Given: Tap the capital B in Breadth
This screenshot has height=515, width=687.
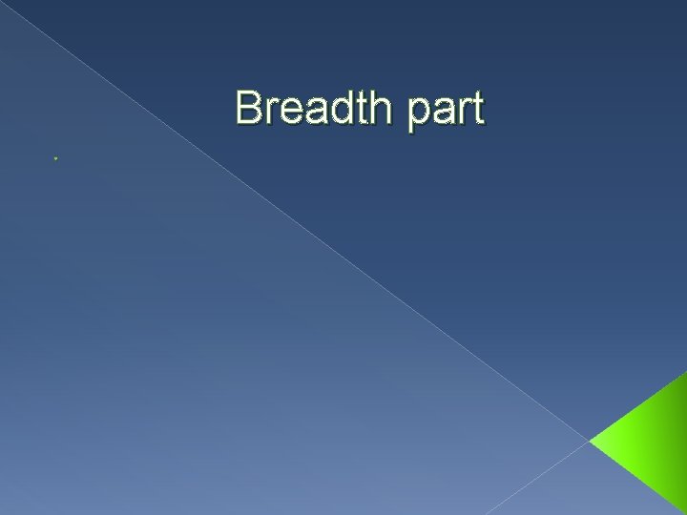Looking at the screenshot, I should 249,108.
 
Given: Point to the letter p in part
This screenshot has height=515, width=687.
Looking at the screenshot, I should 417,113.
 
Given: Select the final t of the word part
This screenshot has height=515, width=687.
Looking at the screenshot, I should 478,109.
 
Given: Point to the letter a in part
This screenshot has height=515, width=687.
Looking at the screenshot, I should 443,112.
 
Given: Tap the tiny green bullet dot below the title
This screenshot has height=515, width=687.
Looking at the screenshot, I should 57,157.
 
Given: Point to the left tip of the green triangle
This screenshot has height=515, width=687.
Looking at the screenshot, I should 592,443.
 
